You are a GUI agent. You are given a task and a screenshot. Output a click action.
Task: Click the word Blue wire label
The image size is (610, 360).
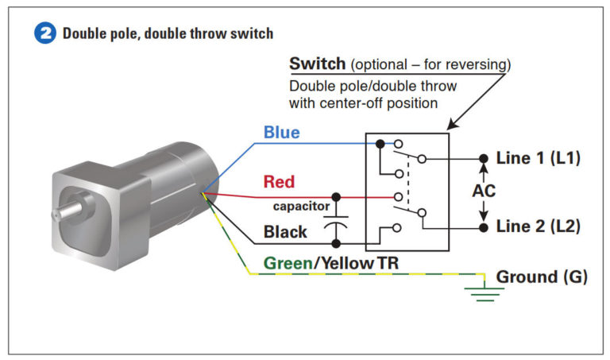282,133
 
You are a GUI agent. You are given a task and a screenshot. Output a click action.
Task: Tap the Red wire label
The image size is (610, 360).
279,182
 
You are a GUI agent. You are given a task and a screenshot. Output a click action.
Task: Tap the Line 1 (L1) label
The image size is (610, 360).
538,158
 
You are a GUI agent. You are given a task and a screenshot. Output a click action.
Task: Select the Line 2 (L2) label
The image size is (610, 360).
538,226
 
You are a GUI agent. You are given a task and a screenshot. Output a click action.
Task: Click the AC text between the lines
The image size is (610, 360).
484,192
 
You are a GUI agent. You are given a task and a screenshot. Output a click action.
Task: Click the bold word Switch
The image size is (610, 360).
317,63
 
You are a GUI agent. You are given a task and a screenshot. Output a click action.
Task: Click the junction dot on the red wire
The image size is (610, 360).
337,195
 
